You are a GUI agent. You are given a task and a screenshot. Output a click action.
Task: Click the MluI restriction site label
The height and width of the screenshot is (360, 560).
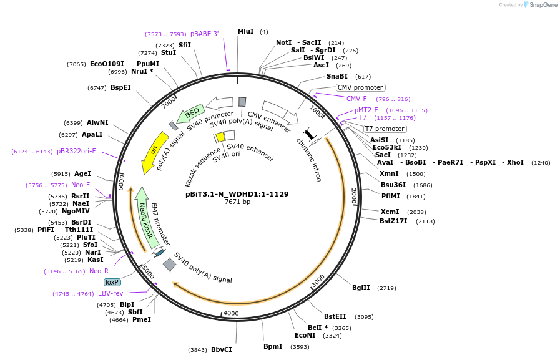click(x=245, y=31)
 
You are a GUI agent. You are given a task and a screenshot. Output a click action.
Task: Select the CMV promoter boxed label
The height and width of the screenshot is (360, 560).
click(x=360, y=87)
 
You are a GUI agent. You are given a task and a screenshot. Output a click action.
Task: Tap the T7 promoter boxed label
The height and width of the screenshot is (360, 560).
click(x=385, y=129)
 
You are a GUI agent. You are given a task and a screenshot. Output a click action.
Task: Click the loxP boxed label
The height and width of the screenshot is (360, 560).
click(x=112, y=282)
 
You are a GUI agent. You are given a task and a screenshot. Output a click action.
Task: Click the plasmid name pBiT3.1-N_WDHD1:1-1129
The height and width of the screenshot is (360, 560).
click(x=237, y=193)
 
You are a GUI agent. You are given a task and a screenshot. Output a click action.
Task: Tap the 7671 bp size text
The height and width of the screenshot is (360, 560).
click(x=237, y=202)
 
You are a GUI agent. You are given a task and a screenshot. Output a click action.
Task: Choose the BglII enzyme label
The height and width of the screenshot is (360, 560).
click(x=361, y=288)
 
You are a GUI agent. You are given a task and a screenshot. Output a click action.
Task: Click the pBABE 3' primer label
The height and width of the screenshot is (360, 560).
click(x=205, y=34)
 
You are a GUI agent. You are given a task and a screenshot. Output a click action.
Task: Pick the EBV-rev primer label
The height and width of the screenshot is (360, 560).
click(x=111, y=293)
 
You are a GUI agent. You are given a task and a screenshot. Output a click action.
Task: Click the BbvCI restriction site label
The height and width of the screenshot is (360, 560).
click(x=221, y=349)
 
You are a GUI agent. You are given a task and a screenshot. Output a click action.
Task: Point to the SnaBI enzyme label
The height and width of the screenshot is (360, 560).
click(x=336, y=76)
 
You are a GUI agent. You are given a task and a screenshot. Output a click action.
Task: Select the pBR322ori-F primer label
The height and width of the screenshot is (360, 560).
click(x=76, y=151)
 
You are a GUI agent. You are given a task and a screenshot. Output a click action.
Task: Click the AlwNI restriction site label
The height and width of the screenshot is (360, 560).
click(x=97, y=122)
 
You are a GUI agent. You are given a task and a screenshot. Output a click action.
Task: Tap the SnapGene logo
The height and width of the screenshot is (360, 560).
click(x=541, y=5)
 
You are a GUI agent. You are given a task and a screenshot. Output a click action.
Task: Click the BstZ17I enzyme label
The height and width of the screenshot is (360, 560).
click(x=393, y=221)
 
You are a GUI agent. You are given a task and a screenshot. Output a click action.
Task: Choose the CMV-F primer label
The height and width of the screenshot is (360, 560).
click(x=356, y=99)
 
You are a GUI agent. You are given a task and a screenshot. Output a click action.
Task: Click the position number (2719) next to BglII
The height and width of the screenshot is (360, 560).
click(x=386, y=288)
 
